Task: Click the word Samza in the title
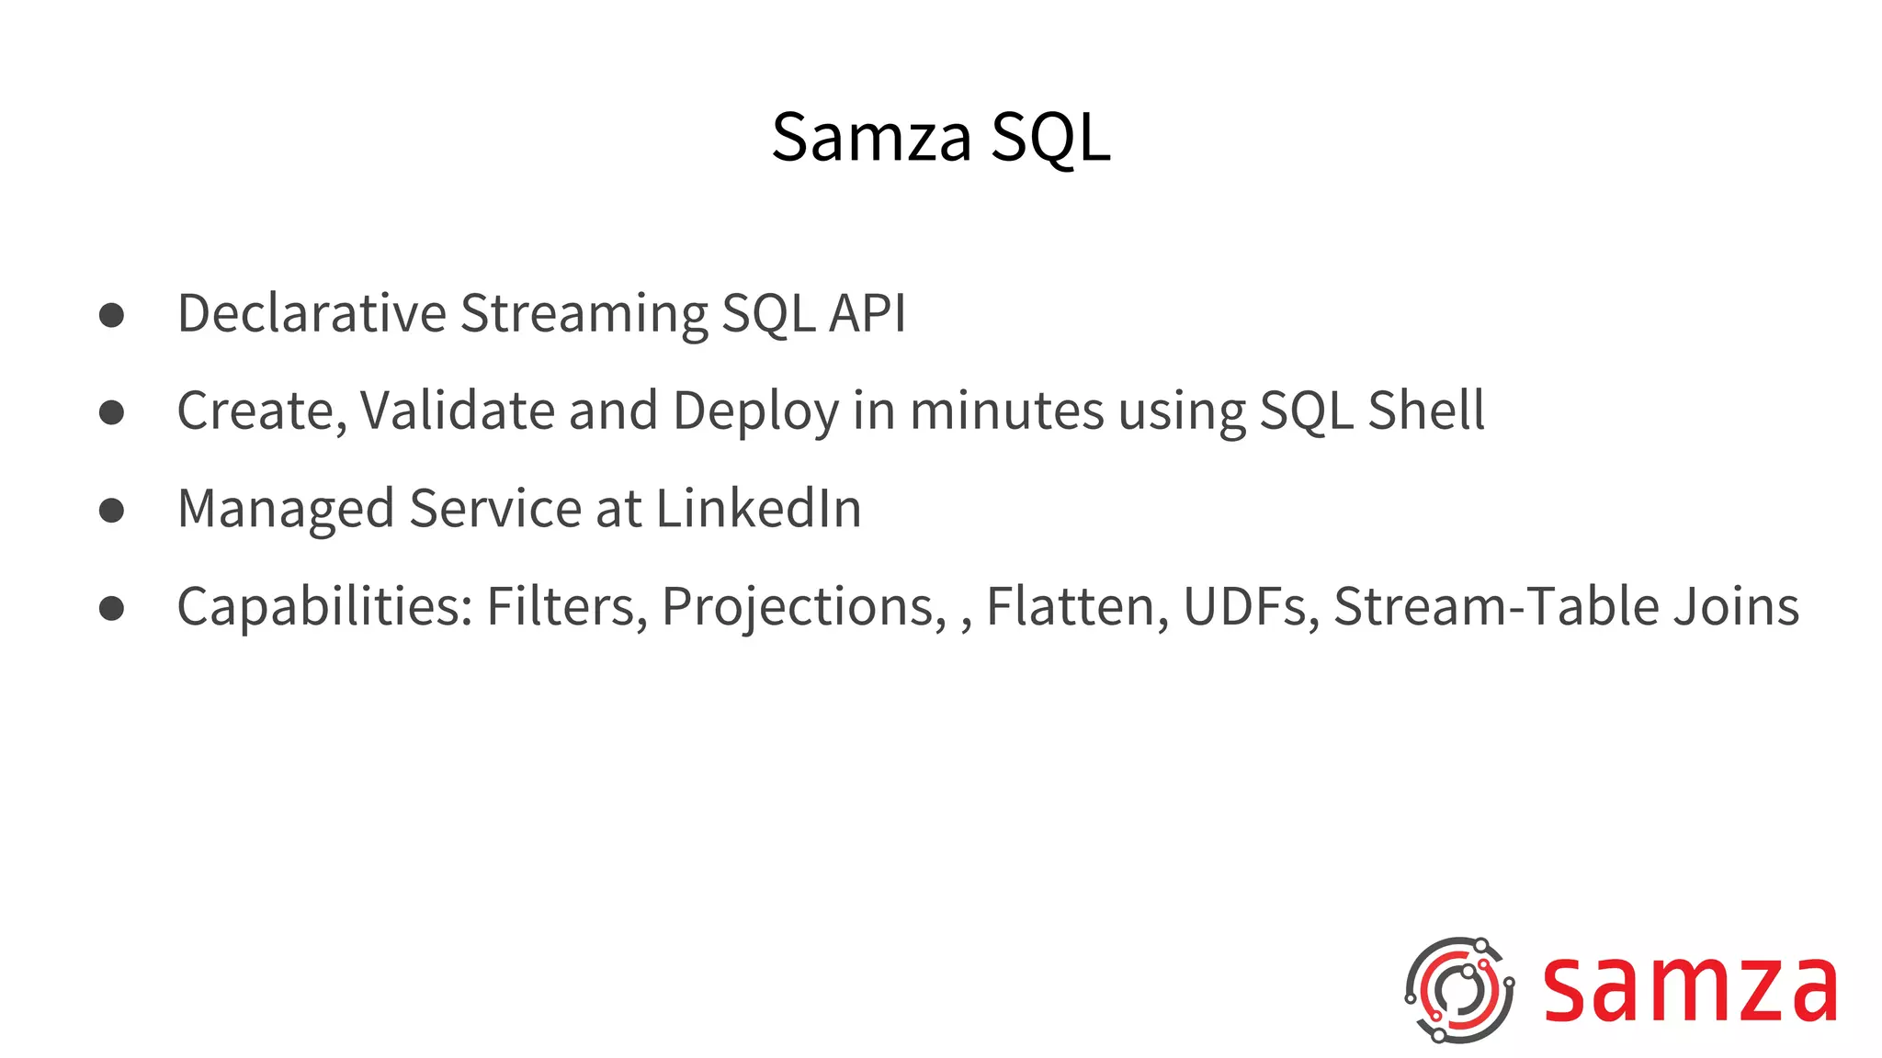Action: (871, 138)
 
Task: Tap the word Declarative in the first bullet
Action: (312, 313)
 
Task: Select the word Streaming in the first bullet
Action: (584, 313)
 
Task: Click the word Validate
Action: (457, 411)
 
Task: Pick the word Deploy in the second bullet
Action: (755, 411)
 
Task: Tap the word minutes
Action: (1006, 411)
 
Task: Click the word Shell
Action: (1425, 411)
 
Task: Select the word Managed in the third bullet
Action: (286, 509)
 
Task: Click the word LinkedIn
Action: (758, 509)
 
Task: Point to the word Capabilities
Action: (324, 607)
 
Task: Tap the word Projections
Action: (803, 607)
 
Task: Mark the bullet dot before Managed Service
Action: (111, 511)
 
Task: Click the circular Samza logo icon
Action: (1458, 990)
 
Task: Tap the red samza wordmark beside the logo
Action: (1689, 990)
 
